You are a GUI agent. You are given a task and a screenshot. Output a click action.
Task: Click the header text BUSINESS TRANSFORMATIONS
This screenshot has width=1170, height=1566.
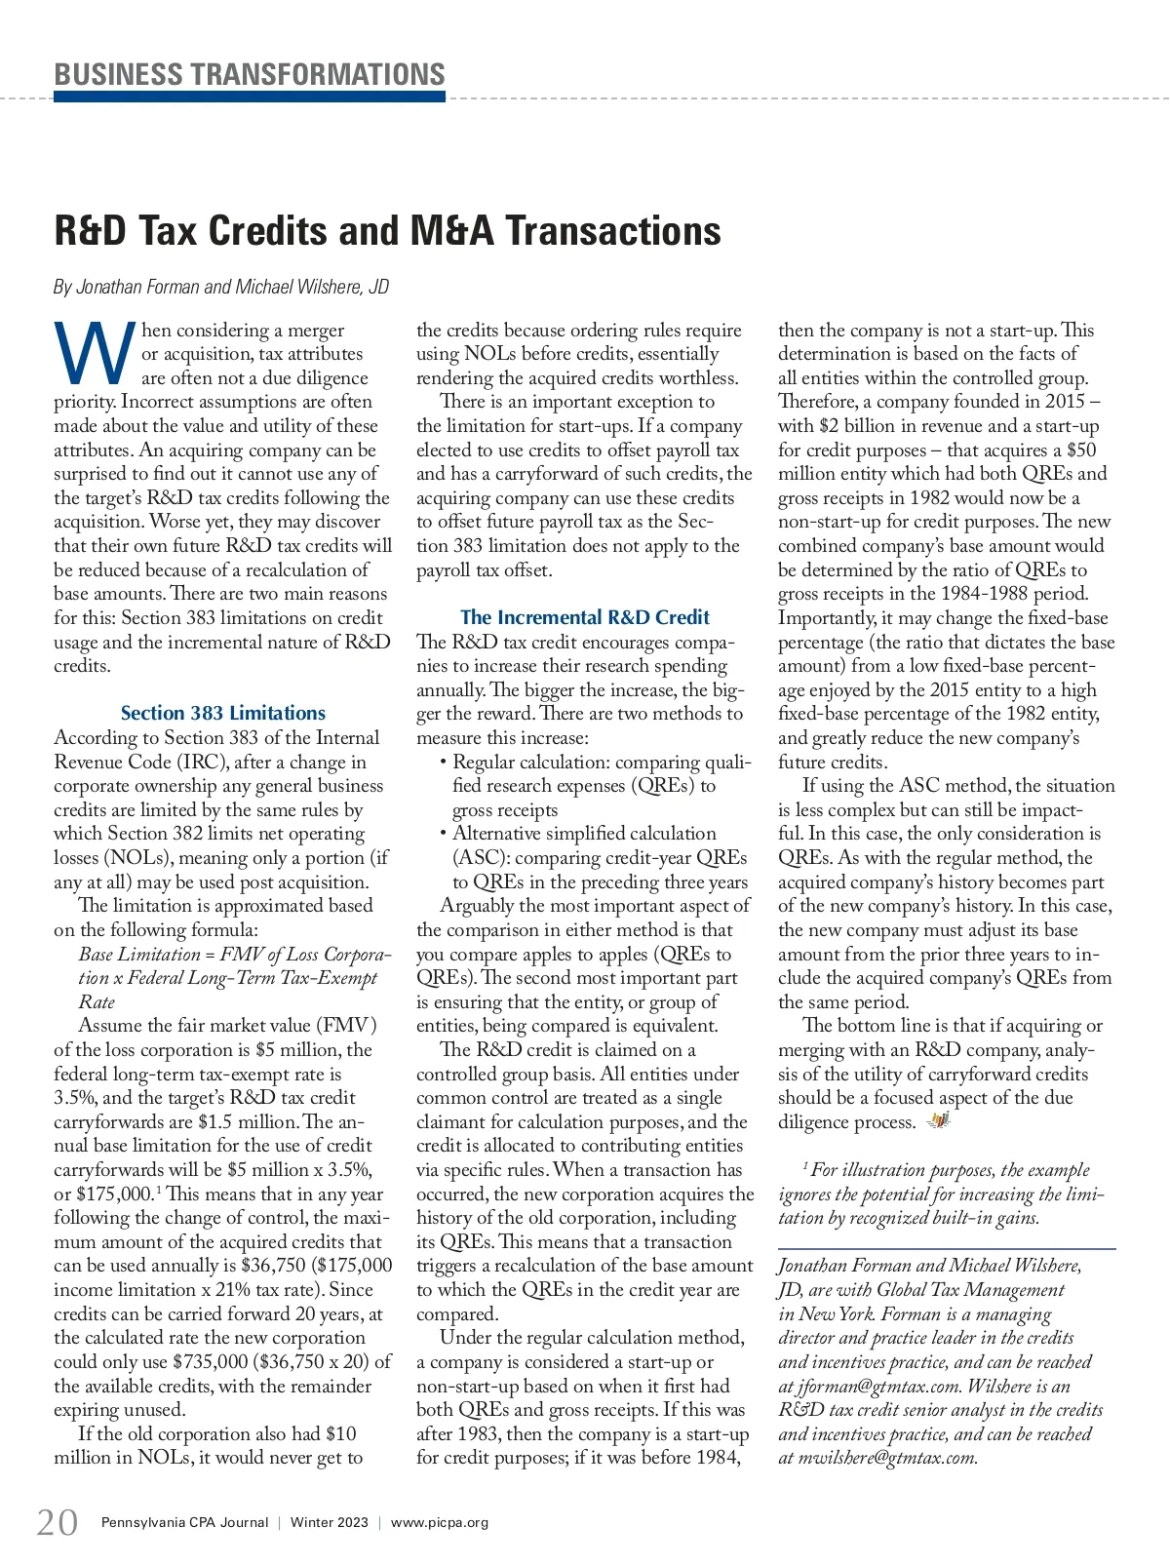coord(250,74)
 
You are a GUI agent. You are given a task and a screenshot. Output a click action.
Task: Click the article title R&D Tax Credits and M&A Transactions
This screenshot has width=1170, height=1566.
coord(387,231)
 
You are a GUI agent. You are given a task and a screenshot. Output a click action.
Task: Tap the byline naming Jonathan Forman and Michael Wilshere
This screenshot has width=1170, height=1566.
coord(221,287)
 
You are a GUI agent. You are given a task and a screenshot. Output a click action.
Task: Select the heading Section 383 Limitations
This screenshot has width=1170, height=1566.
coord(223,713)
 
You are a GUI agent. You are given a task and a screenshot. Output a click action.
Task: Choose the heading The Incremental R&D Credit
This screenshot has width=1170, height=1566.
coord(585,617)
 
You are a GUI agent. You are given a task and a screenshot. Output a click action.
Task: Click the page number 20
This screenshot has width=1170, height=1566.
coord(58,1522)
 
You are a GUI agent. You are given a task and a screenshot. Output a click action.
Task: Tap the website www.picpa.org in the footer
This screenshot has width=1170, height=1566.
coord(440,1522)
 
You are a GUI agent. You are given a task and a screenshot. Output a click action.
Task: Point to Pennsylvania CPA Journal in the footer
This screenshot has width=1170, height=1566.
coord(184,1522)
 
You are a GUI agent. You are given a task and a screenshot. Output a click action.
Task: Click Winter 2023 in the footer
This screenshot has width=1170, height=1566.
coord(330,1522)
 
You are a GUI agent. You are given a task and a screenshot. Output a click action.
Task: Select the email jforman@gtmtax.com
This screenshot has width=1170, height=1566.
coord(874,1386)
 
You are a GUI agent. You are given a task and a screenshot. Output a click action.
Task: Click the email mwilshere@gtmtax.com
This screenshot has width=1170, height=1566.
coord(887,1458)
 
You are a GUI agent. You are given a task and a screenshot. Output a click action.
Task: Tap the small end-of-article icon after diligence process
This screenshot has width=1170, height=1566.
coord(938,1121)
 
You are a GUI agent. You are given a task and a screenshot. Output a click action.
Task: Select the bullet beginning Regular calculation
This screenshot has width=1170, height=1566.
coord(602,763)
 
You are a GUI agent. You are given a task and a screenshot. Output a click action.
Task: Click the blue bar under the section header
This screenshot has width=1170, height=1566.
coord(250,97)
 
